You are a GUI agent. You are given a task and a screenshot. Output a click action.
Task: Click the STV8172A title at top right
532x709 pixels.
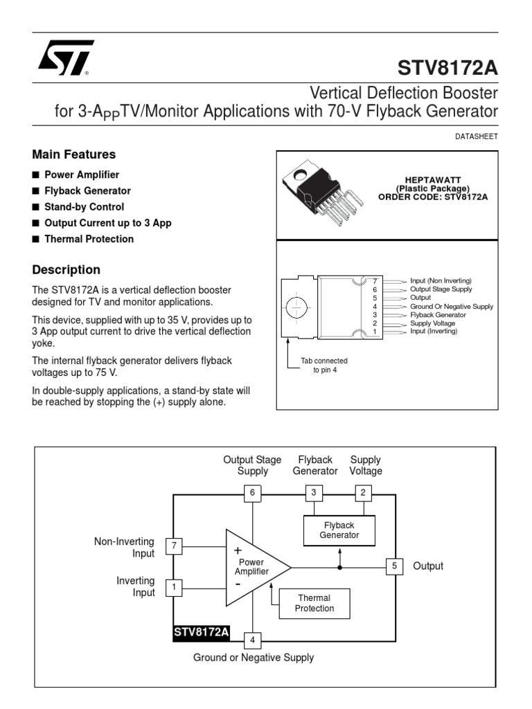[x=447, y=69]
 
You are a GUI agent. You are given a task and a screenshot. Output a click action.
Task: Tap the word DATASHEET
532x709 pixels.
[x=477, y=136]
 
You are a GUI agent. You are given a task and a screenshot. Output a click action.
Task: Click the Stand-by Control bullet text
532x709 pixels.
[x=84, y=207]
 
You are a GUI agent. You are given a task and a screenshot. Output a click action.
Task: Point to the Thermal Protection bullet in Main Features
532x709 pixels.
[x=89, y=239]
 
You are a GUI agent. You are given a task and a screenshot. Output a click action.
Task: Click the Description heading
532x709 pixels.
[x=66, y=270]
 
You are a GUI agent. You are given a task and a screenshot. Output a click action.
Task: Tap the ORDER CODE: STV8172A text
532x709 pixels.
[x=433, y=197]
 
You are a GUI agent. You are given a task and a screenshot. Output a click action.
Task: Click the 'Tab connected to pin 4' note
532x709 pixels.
[x=323, y=366]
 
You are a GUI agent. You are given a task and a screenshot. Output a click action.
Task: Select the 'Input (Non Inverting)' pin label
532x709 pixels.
[x=441, y=280]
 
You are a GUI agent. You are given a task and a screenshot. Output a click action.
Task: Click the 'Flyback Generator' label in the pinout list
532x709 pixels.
[x=437, y=314]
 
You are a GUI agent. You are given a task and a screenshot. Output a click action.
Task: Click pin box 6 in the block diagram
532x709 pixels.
[x=253, y=492]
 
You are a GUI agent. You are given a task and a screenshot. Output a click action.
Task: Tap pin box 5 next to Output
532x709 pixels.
[x=394, y=566]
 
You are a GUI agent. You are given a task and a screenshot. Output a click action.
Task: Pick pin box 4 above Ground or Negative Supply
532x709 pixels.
[x=253, y=640]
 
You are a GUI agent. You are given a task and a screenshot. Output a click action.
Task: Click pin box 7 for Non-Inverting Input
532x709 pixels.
[x=174, y=546]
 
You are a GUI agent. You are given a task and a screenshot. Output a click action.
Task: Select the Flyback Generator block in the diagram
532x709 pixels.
[x=339, y=530]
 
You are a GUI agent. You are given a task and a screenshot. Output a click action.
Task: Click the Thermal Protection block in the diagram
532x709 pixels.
[x=314, y=603]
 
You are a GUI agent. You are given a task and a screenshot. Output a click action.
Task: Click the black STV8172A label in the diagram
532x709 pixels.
[x=202, y=632]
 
